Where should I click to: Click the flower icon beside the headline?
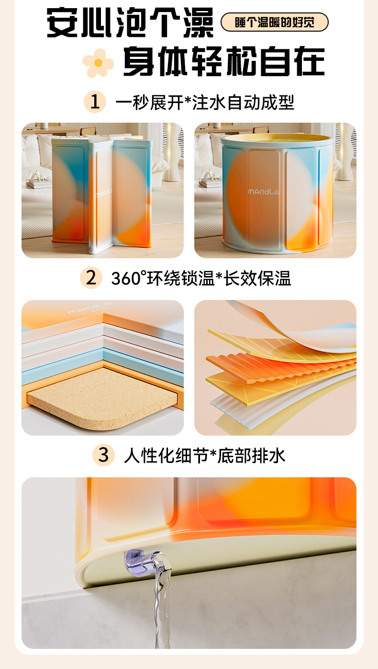coord(98,63)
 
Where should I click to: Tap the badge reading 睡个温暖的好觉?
coord(274,22)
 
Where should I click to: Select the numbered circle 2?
coord(91,278)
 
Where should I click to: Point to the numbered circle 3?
coord(104,455)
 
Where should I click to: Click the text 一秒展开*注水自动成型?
coord(204,102)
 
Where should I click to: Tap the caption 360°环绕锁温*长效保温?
coord(201,278)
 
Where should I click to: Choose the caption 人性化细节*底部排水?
coord(204,455)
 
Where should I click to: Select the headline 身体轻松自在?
coord(223,62)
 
